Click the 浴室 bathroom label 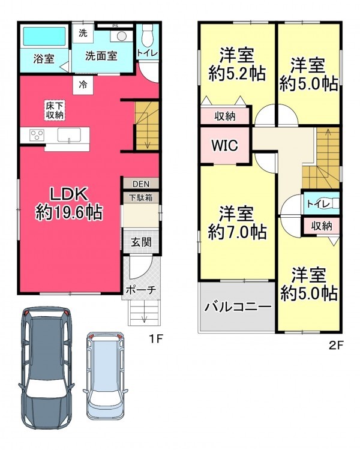click(x=44, y=59)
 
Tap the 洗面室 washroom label click(x=101, y=56)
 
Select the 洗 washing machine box click(x=83, y=33)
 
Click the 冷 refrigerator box click(x=83, y=85)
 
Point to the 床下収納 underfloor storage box click(x=55, y=110)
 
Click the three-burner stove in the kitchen click(x=37, y=134)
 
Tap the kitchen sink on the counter click(x=69, y=135)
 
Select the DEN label click(x=141, y=184)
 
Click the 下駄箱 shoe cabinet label click(x=140, y=198)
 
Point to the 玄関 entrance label click(x=141, y=242)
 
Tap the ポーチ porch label click(x=140, y=290)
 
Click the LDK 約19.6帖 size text click(x=69, y=204)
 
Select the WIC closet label click(x=225, y=145)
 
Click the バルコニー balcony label click(x=238, y=307)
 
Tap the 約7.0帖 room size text click(x=238, y=232)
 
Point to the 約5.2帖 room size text click(x=237, y=74)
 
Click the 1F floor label click(x=155, y=339)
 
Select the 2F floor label click(x=336, y=345)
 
